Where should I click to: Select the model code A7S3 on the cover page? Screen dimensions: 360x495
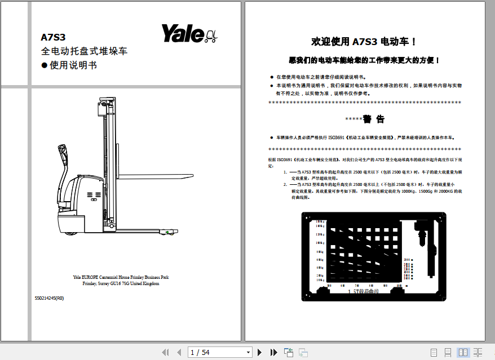53,38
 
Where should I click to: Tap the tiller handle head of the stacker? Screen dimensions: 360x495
61,153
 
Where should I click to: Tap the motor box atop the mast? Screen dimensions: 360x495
104,108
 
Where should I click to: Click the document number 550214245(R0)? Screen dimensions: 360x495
49,298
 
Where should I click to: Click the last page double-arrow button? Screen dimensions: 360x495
274,353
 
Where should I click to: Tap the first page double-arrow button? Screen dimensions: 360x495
165,353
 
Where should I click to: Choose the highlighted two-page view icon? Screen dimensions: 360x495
463,353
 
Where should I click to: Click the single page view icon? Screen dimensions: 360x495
434,353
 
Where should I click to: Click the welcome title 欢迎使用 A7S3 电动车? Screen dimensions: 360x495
365,42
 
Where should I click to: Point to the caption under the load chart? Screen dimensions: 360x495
364,292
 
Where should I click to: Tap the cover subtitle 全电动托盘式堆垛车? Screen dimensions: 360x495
84,51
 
